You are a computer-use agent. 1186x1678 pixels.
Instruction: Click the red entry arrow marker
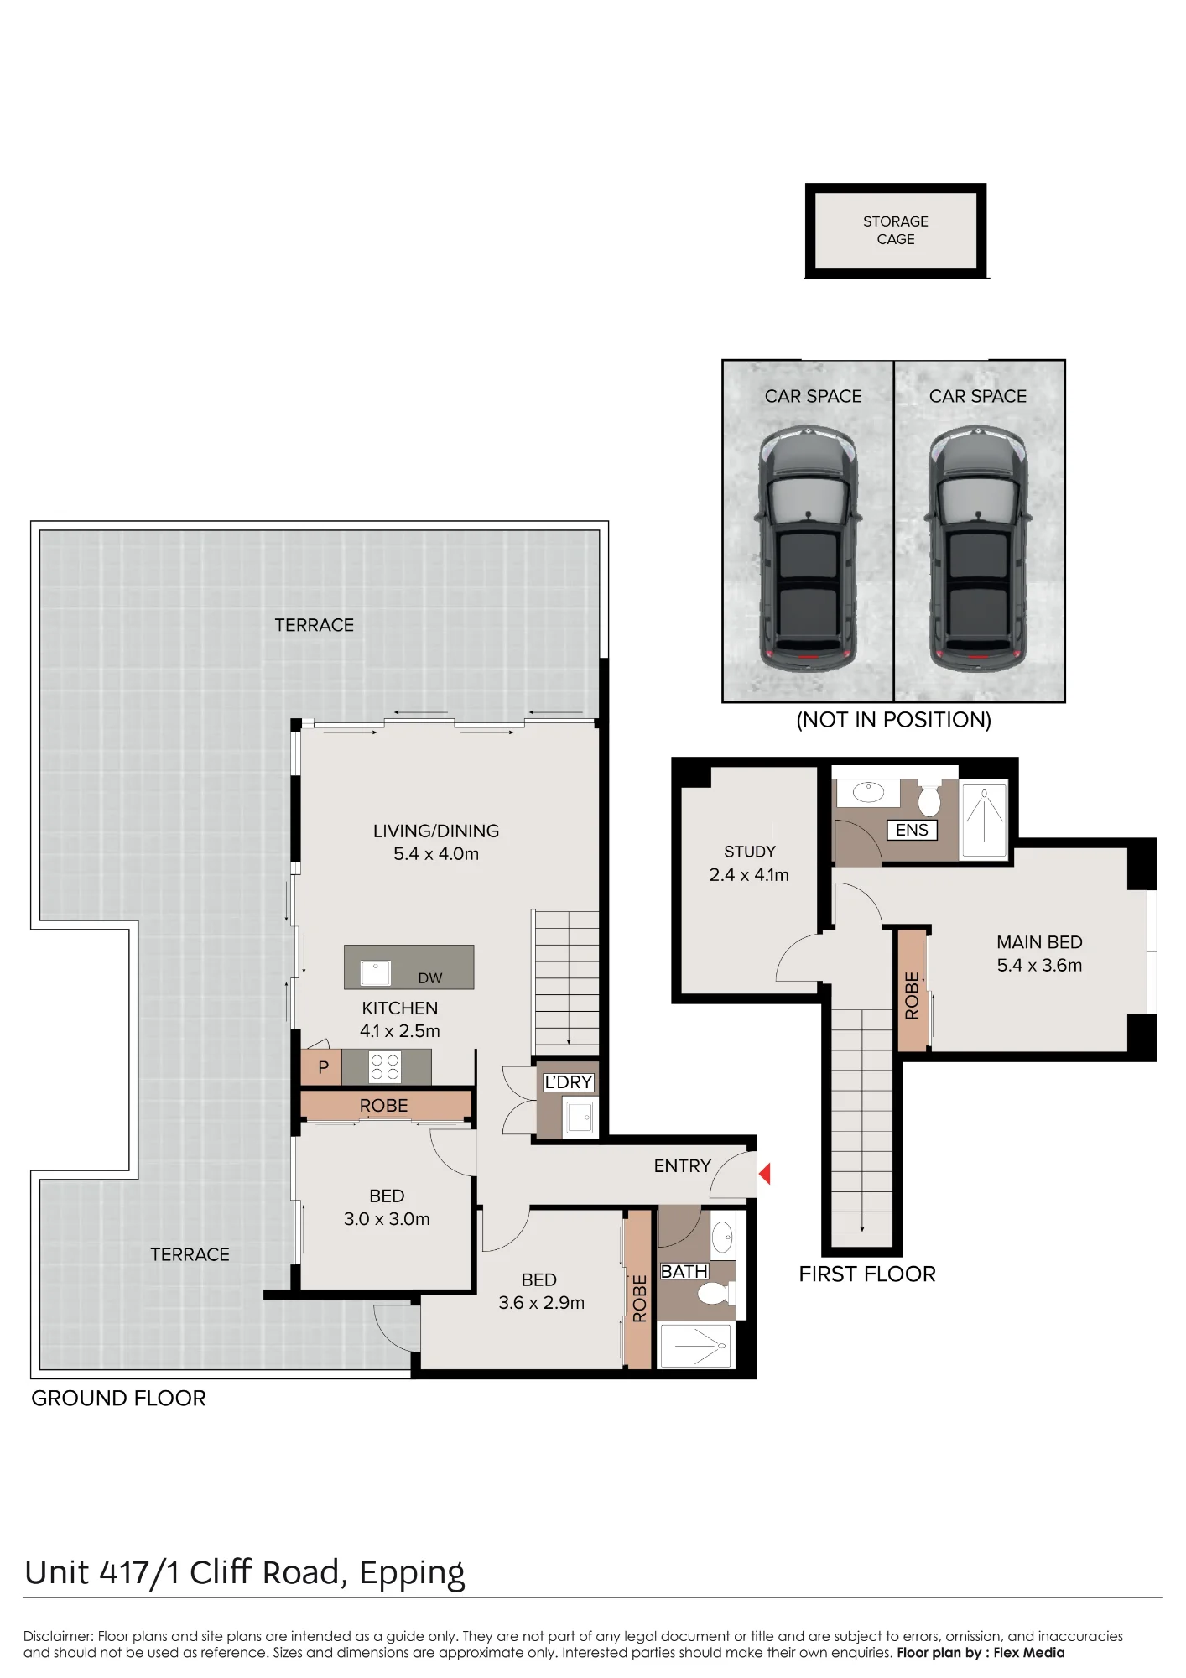pos(765,1173)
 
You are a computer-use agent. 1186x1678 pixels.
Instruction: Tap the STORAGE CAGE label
pos(896,230)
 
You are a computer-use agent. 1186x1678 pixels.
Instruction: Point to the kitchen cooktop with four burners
pos(385,1067)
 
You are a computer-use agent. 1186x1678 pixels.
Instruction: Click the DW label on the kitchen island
pos(430,978)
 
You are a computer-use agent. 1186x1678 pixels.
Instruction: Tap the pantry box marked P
pos(322,1067)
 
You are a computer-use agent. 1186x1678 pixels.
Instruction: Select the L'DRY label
pos(569,1082)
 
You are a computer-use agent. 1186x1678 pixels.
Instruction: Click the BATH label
pos(684,1272)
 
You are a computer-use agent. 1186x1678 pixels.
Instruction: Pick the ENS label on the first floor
pos(912,830)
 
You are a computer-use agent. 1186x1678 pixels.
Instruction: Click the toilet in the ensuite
pos(929,798)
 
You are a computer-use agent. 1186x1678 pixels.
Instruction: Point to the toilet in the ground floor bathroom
pos(715,1293)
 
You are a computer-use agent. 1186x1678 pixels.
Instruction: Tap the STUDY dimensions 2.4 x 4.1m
pos(749,875)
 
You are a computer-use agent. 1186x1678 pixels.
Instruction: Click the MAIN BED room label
pos(1039,942)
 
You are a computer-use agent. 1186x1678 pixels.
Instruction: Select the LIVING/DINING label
pos(436,831)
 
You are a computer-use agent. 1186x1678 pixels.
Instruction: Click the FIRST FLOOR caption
pos(867,1274)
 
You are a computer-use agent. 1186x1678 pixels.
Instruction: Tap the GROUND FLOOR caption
pos(118,1399)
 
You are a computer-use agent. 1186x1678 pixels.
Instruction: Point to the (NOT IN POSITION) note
pos(894,720)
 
